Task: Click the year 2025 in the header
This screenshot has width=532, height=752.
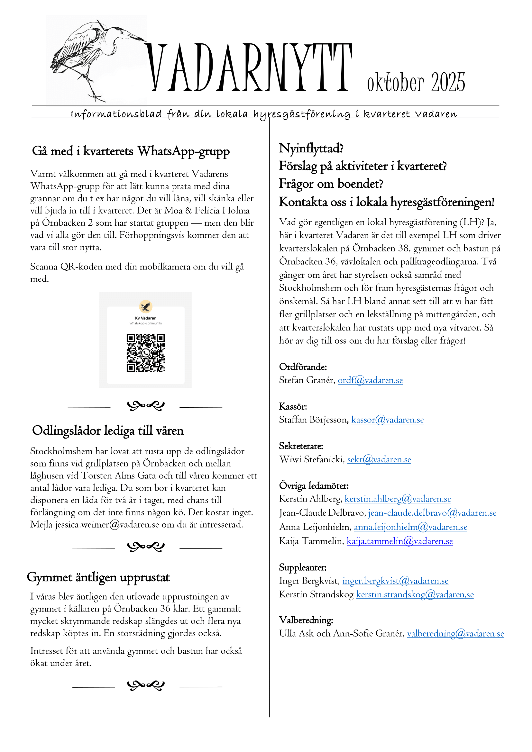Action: (x=448, y=82)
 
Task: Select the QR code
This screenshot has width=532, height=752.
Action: (x=146, y=353)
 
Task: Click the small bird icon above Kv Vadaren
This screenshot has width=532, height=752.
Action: (x=146, y=307)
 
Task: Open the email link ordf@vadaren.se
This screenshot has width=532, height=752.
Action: (x=370, y=380)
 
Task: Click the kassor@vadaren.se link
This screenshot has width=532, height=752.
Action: (x=388, y=420)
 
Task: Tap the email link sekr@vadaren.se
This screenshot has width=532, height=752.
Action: (x=379, y=459)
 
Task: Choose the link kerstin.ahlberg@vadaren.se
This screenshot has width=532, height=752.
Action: (x=398, y=499)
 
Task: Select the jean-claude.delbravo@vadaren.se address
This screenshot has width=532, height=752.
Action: (x=432, y=513)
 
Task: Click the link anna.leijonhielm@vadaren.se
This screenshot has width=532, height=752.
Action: (x=410, y=527)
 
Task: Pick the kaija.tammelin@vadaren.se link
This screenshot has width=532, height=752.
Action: (x=400, y=541)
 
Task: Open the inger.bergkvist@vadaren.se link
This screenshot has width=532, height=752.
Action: (x=395, y=581)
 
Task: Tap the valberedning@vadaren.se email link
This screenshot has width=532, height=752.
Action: (x=455, y=633)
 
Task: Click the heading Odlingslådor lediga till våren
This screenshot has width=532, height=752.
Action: (x=108, y=430)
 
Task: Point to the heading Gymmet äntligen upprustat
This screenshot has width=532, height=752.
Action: (x=98, y=577)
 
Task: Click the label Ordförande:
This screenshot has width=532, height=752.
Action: (x=303, y=367)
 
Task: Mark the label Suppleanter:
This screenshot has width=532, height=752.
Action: (x=303, y=567)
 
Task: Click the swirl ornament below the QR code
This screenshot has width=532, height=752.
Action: (x=145, y=406)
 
